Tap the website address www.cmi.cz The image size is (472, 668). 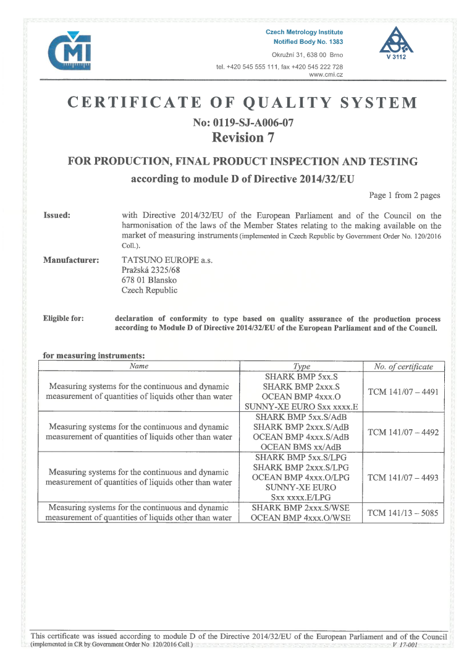326,74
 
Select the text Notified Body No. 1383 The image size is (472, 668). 308,42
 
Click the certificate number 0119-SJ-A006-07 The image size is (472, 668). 243,122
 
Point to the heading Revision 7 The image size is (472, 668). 242,137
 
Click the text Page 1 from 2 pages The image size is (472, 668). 405,195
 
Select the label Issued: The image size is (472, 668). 57,216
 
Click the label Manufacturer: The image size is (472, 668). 71,260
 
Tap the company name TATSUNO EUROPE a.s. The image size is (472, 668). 167,260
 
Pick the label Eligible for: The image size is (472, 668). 64,319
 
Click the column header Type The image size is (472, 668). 301,367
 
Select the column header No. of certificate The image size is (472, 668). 403,367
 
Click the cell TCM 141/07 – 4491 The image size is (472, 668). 403,392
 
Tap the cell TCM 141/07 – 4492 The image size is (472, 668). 403,432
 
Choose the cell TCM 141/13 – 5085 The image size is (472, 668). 403,513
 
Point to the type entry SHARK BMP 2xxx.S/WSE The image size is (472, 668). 301,507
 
